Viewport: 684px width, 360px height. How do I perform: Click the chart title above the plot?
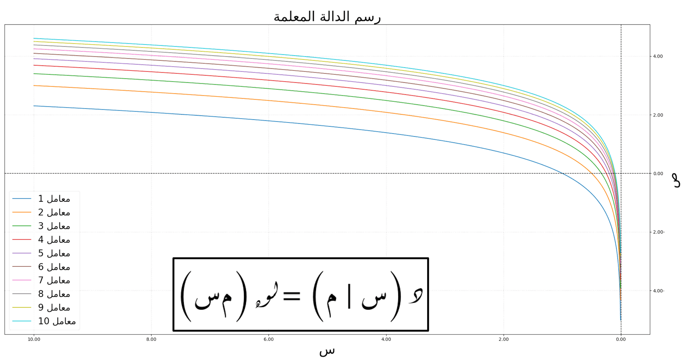[x=327, y=17]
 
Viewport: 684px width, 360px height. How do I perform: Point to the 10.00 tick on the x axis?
[x=34, y=339]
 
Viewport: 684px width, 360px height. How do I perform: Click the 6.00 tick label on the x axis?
[x=269, y=339]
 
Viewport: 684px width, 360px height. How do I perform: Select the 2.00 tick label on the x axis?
[x=504, y=339]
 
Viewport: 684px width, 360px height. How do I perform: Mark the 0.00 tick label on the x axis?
[x=621, y=339]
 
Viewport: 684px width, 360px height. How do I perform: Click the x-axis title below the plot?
[x=327, y=351]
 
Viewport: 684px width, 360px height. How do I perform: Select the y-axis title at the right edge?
[x=675, y=180]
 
